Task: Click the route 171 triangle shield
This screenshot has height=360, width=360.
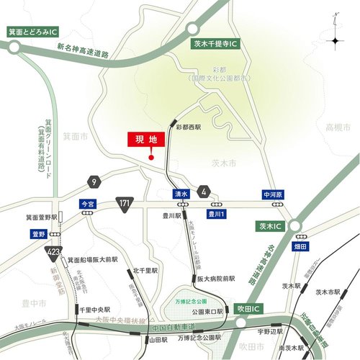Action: coord(124,204)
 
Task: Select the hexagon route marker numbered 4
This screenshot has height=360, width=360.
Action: coord(205,190)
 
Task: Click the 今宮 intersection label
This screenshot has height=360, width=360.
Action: coord(88,204)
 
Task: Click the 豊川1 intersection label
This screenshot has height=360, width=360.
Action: coord(217,214)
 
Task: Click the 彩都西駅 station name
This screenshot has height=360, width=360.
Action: coord(188,126)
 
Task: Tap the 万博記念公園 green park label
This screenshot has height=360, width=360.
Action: coord(192,300)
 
